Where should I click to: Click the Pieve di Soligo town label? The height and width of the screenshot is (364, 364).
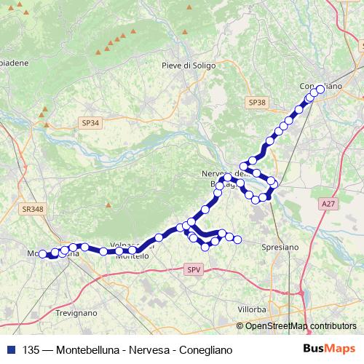[x=191, y=66]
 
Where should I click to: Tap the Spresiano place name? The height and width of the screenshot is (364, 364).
[x=280, y=248]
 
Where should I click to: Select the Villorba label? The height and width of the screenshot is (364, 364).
[x=251, y=309]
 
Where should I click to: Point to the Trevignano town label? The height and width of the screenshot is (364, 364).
[x=76, y=313]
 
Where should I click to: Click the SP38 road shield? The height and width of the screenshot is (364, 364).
[x=256, y=103]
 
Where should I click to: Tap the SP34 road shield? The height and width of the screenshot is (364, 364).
[x=90, y=124]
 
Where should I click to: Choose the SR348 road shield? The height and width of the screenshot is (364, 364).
[x=33, y=209]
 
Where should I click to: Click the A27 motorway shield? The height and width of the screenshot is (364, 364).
[x=327, y=206]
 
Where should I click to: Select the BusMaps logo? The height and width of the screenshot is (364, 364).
[x=329, y=349]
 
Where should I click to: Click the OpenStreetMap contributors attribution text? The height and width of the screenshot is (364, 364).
[x=301, y=326]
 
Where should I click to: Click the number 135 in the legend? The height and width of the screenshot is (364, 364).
[x=32, y=350]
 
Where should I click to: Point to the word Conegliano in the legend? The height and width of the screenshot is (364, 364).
[x=206, y=350]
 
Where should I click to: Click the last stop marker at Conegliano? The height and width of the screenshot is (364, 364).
[x=320, y=90]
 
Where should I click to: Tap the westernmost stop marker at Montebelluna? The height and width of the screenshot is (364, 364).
[x=42, y=253]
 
